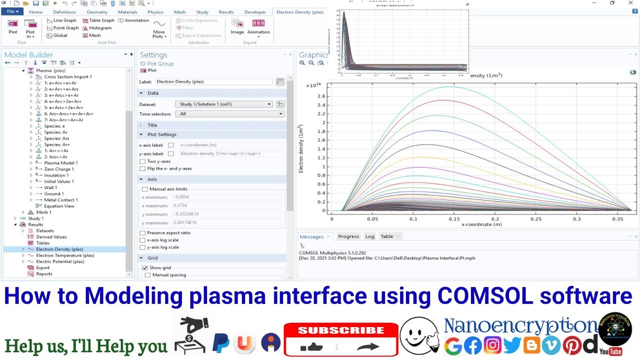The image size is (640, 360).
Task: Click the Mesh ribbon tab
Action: [x=179, y=12]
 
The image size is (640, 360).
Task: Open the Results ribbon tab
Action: [x=226, y=12]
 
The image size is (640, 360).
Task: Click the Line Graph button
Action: [x=61, y=20]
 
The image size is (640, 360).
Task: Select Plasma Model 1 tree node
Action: [x=60, y=163]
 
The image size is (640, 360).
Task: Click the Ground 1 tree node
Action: [x=53, y=193]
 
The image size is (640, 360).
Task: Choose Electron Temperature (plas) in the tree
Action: [x=65, y=255]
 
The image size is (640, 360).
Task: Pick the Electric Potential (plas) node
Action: [x=60, y=261]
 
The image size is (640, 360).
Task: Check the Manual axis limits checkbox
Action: [x=145, y=189]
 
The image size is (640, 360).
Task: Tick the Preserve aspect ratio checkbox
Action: [x=142, y=233]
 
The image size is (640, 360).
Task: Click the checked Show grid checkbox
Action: [x=145, y=268]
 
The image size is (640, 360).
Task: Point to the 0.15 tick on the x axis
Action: [x=454, y=218]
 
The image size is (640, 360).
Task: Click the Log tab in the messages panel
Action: [x=369, y=236]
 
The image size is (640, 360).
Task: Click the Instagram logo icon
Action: [x=492, y=345]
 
